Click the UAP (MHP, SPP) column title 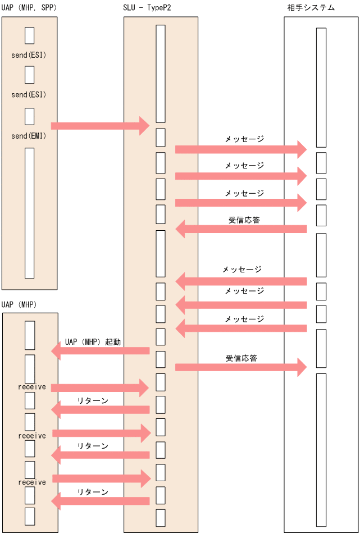click(x=29, y=7)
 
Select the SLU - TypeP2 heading click(x=147, y=7)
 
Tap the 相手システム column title click(x=310, y=7)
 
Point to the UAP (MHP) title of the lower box click(x=19, y=304)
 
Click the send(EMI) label click(x=29, y=136)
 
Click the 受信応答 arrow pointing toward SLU click(x=241, y=229)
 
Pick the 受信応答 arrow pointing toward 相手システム click(x=241, y=367)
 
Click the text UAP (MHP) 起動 click(x=93, y=341)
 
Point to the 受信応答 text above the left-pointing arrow click(x=244, y=220)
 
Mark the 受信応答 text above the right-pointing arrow click(x=241, y=358)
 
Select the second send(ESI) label click(x=29, y=94)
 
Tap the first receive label click(x=32, y=387)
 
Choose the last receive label click(x=32, y=482)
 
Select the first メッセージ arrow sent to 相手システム click(x=241, y=149)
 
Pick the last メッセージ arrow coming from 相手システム click(x=241, y=328)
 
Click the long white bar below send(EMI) click(x=29, y=213)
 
